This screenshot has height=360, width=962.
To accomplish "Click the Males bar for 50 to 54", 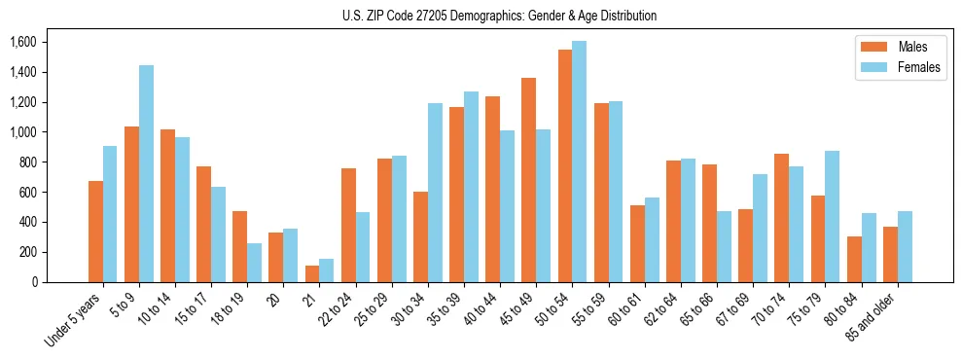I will coord(565,165).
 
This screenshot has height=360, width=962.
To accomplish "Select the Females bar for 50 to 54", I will coord(580,162).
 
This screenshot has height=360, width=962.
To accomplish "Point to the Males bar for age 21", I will coord(312,273).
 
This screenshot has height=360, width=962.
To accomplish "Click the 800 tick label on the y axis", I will coord(26,162).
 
